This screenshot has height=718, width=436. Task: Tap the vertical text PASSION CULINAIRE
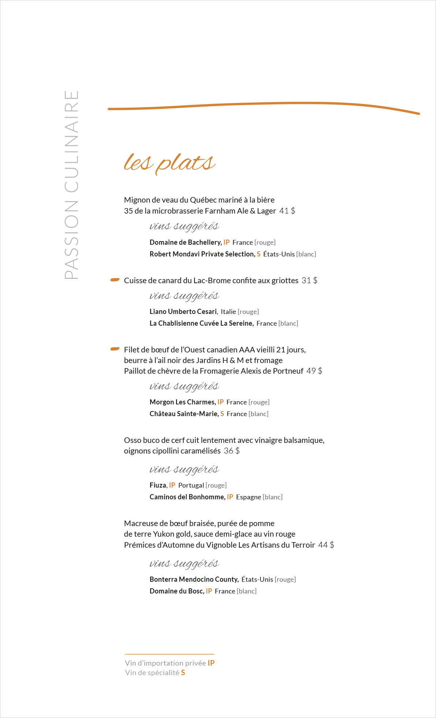[x=72, y=185]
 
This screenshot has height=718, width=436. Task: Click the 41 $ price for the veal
[x=287, y=211]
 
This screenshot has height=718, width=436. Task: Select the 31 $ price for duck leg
[x=310, y=281]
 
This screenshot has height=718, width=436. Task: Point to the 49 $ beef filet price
[x=314, y=371]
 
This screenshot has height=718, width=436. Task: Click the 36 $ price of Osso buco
[x=232, y=451]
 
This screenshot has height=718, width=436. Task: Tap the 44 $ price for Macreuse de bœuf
[x=326, y=545]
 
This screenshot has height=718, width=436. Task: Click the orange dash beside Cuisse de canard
[x=115, y=280]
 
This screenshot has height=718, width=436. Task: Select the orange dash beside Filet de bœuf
[x=115, y=349]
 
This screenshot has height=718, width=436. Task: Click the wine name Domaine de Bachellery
[x=185, y=243]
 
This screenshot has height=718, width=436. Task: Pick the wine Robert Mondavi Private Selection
[x=202, y=254]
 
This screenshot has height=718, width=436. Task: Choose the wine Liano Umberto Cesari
[x=183, y=312]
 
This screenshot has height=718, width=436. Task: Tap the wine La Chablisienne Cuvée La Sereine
[x=201, y=323]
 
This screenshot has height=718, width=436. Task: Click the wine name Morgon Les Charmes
[x=182, y=402]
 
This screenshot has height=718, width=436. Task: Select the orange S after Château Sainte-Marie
[x=222, y=414]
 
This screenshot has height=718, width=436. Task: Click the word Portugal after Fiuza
[x=191, y=485]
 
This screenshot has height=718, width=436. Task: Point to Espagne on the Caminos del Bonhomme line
[x=248, y=497]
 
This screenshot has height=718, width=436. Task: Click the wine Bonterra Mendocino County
[x=194, y=580]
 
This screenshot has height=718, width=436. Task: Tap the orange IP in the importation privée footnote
[x=211, y=663]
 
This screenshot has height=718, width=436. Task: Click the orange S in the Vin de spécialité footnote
[x=183, y=673]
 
